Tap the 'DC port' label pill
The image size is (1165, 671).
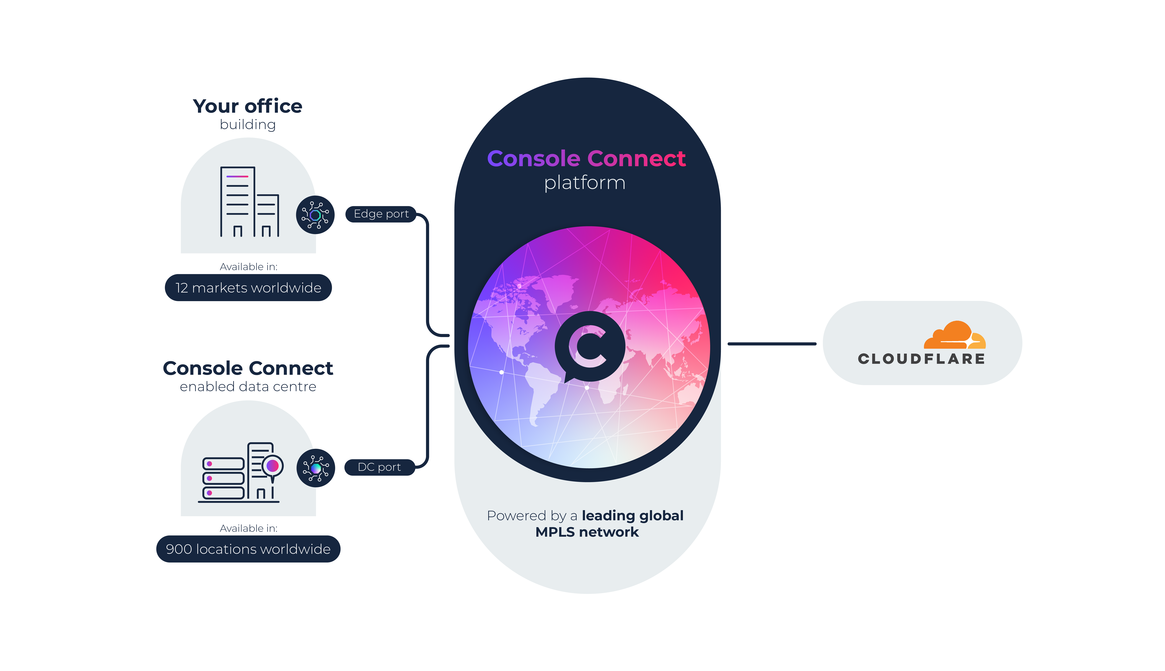click(379, 467)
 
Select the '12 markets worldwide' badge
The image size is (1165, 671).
click(248, 288)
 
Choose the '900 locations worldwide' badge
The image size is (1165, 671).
click(248, 549)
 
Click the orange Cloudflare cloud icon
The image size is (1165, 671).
click(954, 335)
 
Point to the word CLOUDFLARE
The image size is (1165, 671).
click(921, 359)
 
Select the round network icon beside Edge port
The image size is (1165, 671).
click(315, 215)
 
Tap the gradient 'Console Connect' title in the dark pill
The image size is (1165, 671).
click(587, 158)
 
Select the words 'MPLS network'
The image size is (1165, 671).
click(587, 532)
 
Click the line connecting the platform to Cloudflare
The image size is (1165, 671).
click(772, 344)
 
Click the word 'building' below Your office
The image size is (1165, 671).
click(248, 125)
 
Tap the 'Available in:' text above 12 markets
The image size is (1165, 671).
click(248, 267)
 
